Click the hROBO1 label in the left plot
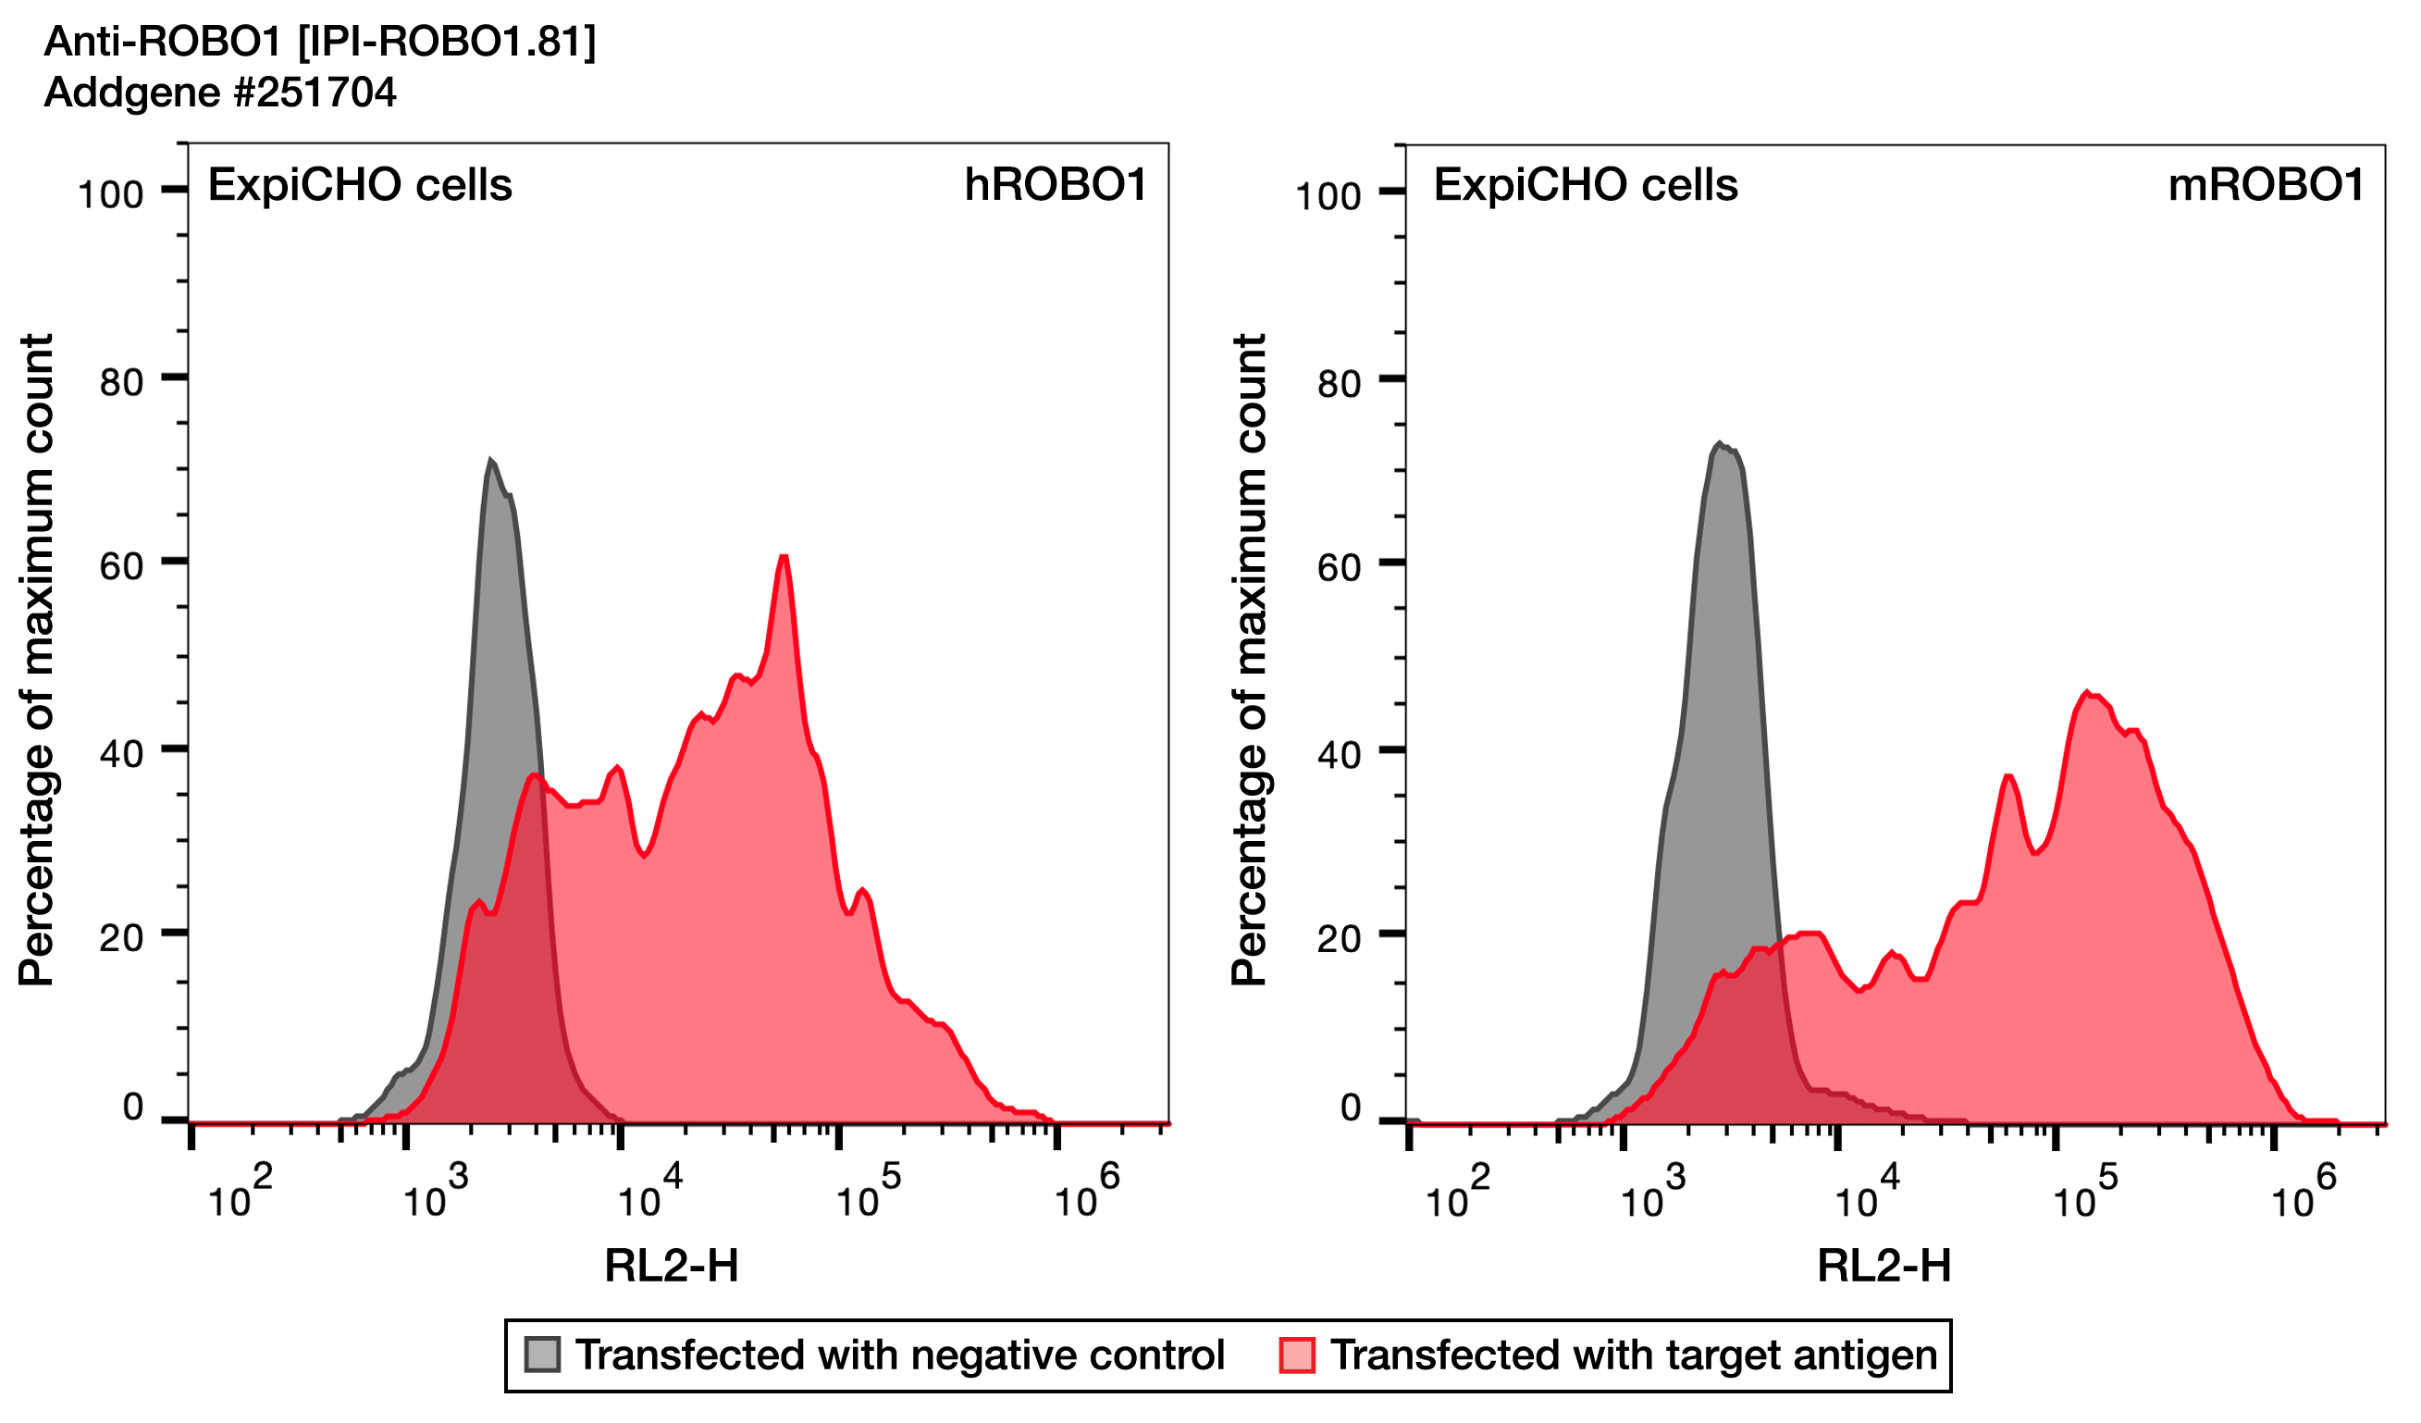point(1055,185)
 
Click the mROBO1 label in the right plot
point(2265,185)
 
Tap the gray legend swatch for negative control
point(542,1355)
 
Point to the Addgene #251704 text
point(220,93)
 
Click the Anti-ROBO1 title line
point(320,42)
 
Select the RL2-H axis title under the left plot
point(671,1267)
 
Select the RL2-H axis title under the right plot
point(1883,1267)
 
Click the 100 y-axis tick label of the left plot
point(109,195)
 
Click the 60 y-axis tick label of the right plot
point(1339,568)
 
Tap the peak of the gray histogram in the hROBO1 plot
point(491,463)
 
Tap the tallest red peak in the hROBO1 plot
point(784,558)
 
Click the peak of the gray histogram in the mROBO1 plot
point(1719,445)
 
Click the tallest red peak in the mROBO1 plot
point(2086,694)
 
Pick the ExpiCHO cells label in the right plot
point(1586,185)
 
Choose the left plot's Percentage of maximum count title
point(36,660)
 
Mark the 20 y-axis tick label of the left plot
point(121,938)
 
